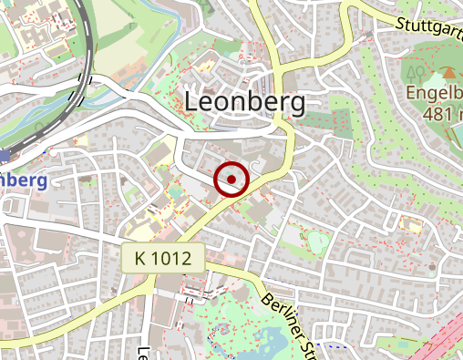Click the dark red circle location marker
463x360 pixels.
(x=231, y=180)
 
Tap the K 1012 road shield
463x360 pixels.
(x=162, y=259)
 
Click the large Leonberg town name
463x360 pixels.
(x=244, y=103)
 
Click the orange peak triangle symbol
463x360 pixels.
(x=448, y=72)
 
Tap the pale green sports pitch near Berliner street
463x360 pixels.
(x=317, y=242)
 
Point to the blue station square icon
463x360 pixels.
(x=4, y=157)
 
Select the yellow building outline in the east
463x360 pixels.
(x=411, y=224)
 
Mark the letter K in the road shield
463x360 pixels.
(x=139, y=259)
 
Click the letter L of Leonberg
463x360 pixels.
(x=192, y=103)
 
